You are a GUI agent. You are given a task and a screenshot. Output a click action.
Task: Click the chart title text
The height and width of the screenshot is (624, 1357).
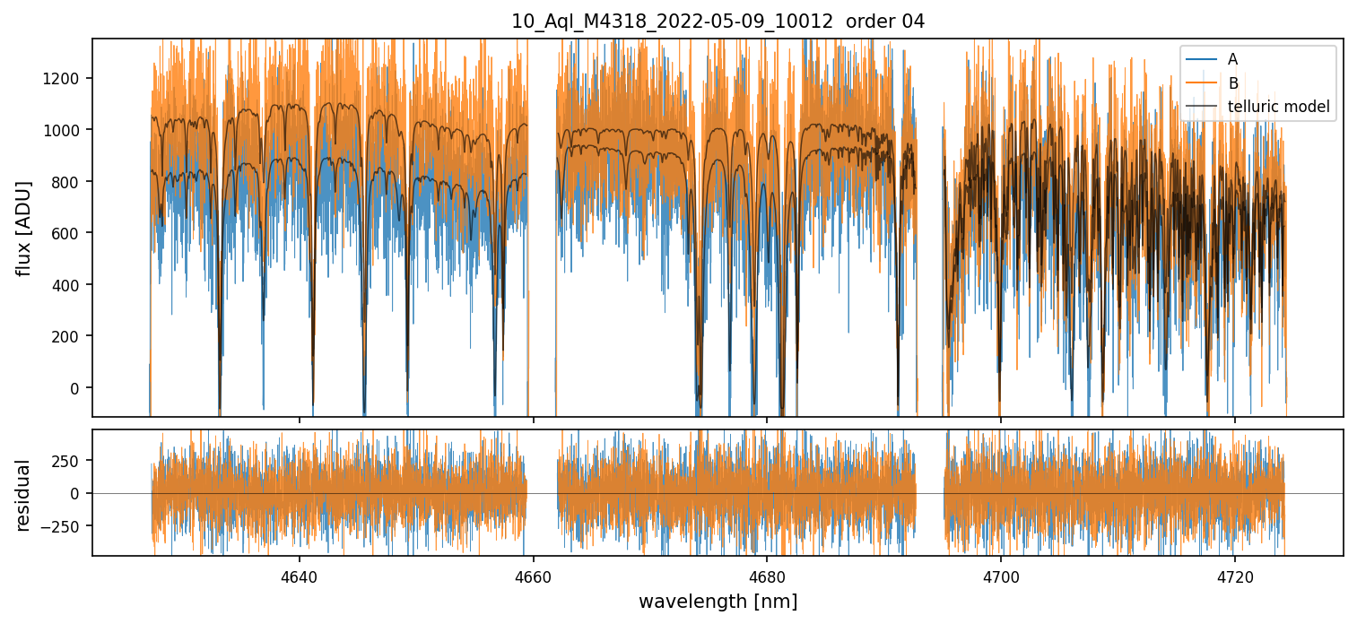coord(718,22)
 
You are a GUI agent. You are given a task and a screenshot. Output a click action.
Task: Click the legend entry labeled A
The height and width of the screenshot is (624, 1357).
coord(1232,59)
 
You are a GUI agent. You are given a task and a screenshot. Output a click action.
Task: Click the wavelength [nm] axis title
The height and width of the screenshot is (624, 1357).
coord(718,601)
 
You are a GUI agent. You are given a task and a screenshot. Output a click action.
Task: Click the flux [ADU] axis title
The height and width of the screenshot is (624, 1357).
coord(24,228)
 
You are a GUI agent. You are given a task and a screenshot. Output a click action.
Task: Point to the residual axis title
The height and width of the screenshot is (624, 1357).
coord(24,494)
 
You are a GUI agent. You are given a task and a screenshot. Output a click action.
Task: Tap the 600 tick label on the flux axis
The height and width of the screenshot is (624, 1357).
coord(69,233)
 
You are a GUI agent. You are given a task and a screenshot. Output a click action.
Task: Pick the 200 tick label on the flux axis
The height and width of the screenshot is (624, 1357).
coord(69,336)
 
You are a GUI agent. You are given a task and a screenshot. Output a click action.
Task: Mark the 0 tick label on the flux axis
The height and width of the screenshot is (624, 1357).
coord(76,388)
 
